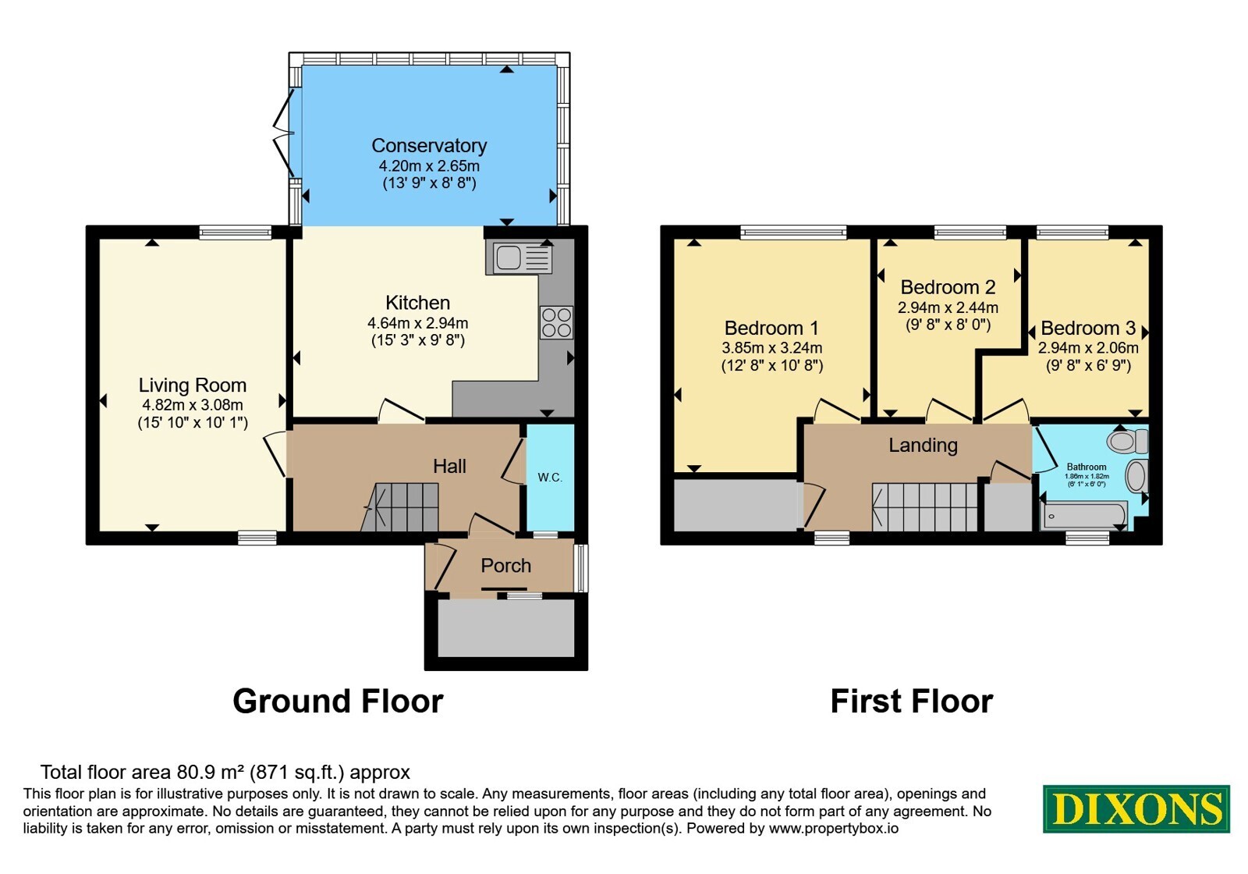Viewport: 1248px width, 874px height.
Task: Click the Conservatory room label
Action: click(x=429, y=145)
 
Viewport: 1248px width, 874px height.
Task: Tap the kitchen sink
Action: click(x=519, y=257)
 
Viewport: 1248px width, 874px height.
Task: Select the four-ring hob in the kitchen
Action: click(x=556, y=323)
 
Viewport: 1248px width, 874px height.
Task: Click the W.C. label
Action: click(x=550, y=478)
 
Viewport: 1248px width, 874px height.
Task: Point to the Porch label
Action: click(x=506, y=566)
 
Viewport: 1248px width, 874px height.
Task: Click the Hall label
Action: click(x=449, y=466)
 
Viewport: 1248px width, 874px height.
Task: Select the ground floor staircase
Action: click(x=399, y=507)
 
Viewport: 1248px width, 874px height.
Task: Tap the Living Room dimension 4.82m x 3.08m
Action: click(x=193, y=405)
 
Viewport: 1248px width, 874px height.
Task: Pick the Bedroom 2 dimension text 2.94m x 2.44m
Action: click(x=948, y=307)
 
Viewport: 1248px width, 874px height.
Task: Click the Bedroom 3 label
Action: click(x=1088, y=328)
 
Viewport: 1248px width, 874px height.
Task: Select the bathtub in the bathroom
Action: click(x=1083, y=514)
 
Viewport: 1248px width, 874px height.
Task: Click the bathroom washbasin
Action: click(x=1136, y=476)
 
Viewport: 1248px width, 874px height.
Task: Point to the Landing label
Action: click(x=923, y=445)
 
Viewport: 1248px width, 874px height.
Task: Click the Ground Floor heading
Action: click(x=338, y=702)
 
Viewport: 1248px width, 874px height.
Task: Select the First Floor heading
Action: click(x=912, y=702)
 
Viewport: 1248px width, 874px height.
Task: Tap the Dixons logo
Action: click(x=1136, y=808)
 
